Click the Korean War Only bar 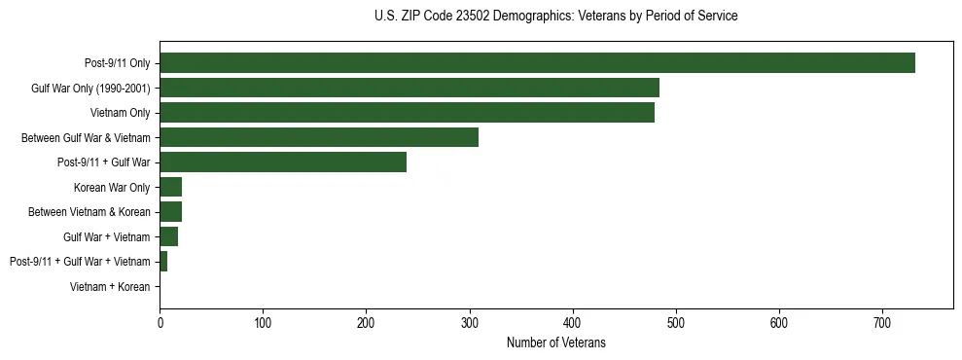[x=171, y=187]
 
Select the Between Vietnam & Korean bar [x=171, y=212]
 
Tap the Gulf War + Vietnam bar [x=169, y=236]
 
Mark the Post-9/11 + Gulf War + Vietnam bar [x=163, y=262]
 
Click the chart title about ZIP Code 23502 [x=555, y=17]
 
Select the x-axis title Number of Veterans [x=555, y=342]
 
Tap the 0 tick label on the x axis [x=160, y=323]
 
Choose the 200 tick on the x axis [x=366, y=323]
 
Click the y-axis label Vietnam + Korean [x=110, y=287]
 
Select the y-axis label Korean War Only [x=112, y=187]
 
